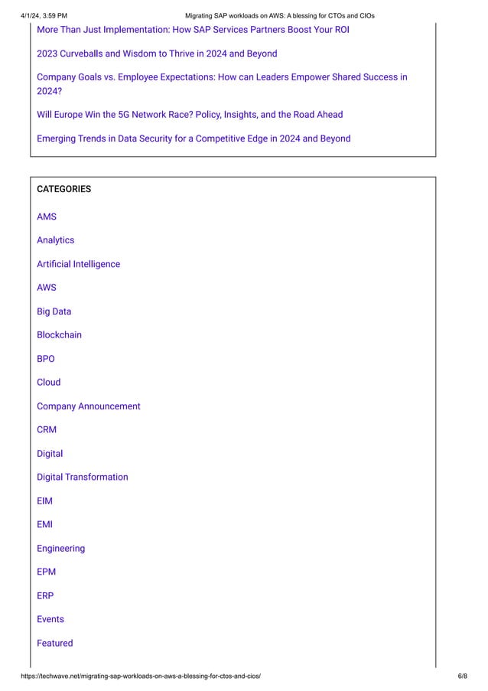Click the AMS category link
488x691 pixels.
(47, 217)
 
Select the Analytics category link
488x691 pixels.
(56, 240)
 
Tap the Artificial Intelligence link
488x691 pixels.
(78, 264)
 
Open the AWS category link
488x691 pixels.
(47, 288)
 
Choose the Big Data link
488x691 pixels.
(54, 311)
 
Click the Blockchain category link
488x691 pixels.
(59, 335)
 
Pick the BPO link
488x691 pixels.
(46, 359)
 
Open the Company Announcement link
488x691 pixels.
(89, 406)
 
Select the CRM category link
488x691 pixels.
(47, 430)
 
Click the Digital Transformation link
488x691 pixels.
(83, 478)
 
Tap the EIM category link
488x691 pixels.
(44, 501)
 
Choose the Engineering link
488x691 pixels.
(61, 549)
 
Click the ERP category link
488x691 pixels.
(45, 595)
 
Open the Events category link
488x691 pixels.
(50, 619)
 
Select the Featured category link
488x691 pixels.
(55, 644)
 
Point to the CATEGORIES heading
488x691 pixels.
(63, 189)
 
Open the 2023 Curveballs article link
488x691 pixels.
(157, 54)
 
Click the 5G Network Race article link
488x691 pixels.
(190, 115)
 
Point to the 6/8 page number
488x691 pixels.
(462, 677)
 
